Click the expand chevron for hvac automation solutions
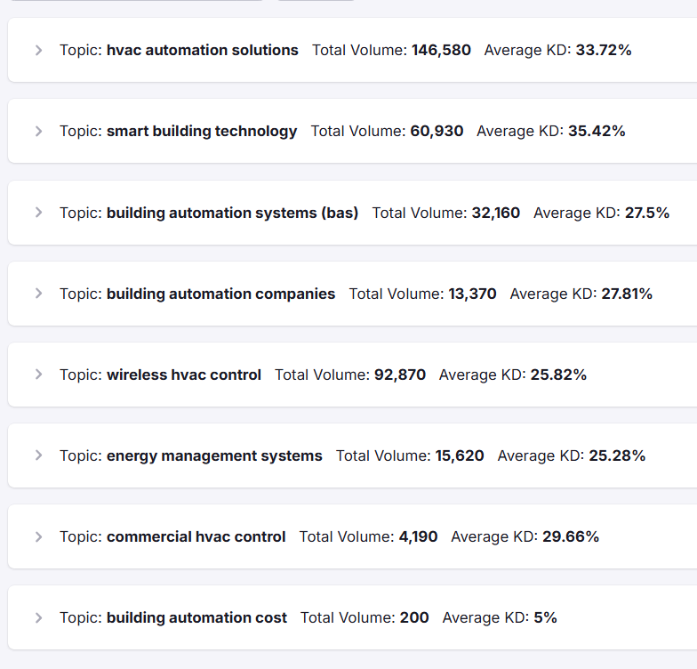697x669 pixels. pos(38,51)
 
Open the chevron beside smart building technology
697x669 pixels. pos(38,132)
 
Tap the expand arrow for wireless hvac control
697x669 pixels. pos(38,375)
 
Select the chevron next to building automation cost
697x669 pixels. pos(38,617)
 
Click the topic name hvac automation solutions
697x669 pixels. pos(202,51)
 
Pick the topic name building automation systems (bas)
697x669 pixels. pos(232,213)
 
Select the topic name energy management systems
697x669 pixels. pos(214,455)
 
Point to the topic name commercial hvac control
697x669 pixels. pos(196,536)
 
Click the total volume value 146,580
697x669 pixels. pos(441,51)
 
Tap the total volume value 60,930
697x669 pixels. pos(437,132)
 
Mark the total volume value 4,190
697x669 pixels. pos(418,536)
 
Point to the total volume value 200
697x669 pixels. pos(414,617)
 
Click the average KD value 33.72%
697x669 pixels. pos(604,51)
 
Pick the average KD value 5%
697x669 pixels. pos(545,617)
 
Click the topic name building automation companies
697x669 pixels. pos(220,294)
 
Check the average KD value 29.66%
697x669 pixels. pos(571,536)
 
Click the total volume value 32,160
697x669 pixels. pos(495,213)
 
